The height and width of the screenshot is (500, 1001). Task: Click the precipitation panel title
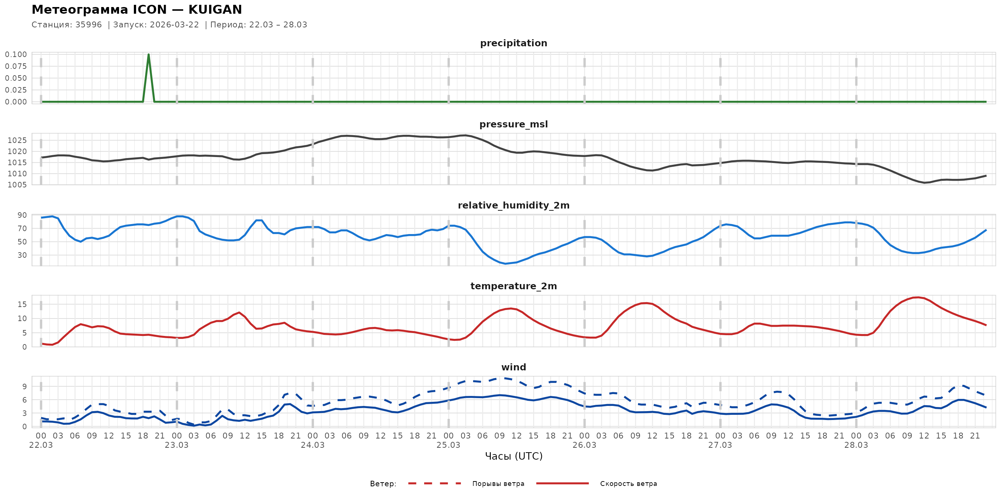513,43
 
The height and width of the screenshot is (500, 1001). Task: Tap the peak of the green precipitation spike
148,55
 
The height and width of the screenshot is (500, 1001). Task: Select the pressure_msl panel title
513,124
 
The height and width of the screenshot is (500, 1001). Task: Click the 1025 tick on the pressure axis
17,140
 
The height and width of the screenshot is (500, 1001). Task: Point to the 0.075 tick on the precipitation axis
16,66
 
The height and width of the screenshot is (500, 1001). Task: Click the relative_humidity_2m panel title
513,205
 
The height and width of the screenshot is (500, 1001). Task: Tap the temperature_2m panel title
513,286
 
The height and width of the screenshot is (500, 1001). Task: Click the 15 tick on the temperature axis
22,304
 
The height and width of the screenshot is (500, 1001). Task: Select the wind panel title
513,367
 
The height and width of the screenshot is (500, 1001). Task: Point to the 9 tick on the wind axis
24,386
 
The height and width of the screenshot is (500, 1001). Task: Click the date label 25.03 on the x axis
448,445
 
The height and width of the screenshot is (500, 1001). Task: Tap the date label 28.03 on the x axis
856,445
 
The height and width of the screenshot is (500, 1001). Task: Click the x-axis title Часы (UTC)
513,456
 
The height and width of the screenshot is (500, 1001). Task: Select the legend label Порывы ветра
498,484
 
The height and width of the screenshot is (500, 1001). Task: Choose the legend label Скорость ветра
628,484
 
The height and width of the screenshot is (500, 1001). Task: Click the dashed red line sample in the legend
435,483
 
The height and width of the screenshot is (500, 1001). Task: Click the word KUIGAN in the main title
215,10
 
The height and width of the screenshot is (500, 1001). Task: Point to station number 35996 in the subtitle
89,25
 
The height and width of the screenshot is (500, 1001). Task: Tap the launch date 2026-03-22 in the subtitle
174,25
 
